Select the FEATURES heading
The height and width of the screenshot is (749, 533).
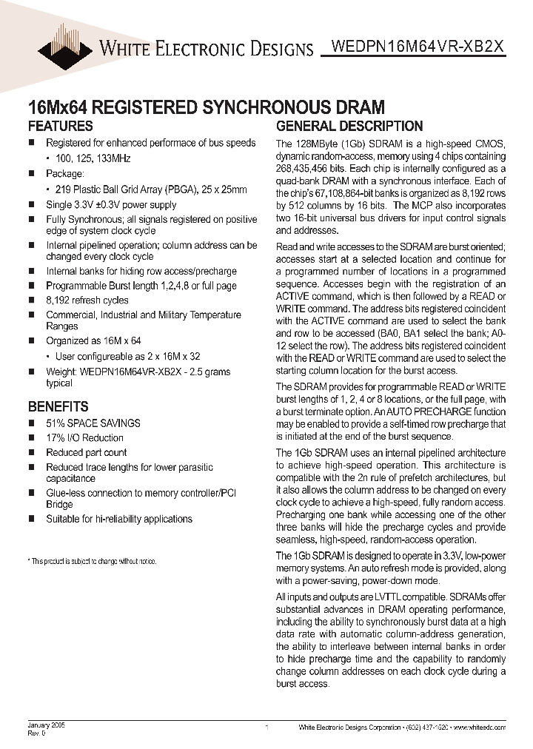pos(60,126)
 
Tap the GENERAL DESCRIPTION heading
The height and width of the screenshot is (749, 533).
pos(349,126)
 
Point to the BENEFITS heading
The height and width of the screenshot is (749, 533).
pos(58,406)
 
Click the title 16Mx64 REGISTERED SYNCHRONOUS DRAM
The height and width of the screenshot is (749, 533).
pos(206,107)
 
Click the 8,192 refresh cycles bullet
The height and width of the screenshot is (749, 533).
pos(87,300)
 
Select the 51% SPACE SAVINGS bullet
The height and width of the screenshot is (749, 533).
pos(93,423)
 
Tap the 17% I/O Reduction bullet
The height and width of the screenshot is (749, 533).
pos(84,438)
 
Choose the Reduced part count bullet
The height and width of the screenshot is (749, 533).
pos(86,452)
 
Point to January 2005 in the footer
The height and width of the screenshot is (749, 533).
pos(47,726)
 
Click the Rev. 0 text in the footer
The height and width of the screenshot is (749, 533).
pos(37,733)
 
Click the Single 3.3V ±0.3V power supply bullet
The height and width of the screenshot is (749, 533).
pos(111,205)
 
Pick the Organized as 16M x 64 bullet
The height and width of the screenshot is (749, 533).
pos(93,341)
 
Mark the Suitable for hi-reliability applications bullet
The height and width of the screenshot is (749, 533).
pos(118,519)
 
